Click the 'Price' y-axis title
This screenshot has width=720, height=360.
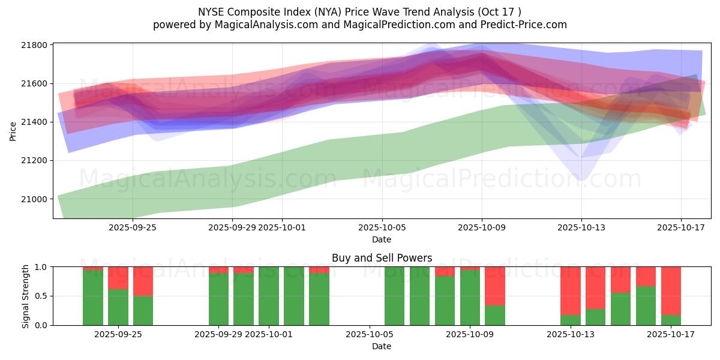[x=13, y=130]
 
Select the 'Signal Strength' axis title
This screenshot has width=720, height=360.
[x=25, y=296]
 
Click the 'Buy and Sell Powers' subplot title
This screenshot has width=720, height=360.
[x=382, y=258]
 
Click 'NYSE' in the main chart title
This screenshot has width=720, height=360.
[x=211, y=12]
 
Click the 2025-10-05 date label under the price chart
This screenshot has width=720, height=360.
[x=382, y=228]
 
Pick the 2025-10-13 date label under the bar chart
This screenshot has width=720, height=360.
[x=581, y=335]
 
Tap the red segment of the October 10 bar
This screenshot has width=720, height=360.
[x=495, y=286]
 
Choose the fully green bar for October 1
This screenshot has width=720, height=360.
[x=269, y=296]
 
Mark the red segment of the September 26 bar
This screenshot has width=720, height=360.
[x=143, y=281]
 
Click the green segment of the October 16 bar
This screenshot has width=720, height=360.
[x=646, y=305]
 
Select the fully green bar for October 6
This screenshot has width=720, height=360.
[x=394, y=296]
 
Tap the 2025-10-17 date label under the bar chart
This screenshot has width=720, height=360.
[x=680, y=335]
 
